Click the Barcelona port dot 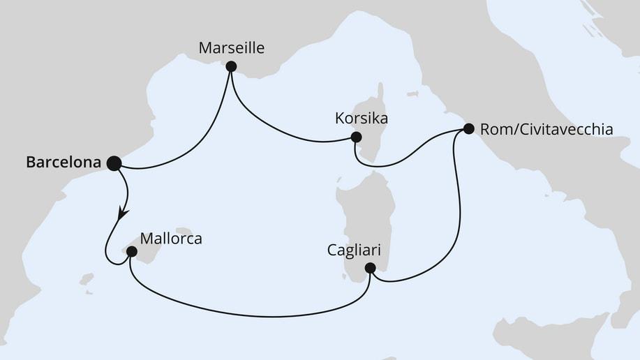tap(113, 163)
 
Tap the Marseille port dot tap(231, 66)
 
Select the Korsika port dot tap(356, 137)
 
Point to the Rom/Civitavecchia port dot tap(468, 128)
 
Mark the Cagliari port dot tap(371, 268)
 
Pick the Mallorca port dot tap(131, 250)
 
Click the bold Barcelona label tap(64, 163)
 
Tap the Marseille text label tap(232, 48)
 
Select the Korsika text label tap(361, 119)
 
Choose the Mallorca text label tap(171, 239)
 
